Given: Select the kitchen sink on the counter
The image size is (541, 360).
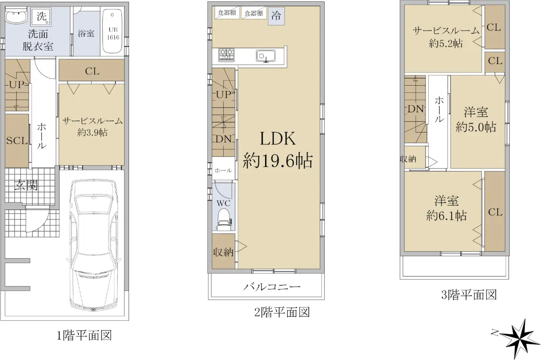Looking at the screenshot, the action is coord(266,56).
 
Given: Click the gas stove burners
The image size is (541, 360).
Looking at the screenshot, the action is coord(226,55).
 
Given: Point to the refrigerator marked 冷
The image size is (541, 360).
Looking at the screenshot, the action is coord(276,16).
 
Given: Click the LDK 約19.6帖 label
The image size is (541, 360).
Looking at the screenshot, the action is coord(278,150).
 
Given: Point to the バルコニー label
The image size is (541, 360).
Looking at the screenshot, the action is coord(272,287).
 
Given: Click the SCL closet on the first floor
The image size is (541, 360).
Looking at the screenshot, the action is coord(17,141).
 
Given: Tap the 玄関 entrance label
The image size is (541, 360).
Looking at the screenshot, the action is coord(26,185).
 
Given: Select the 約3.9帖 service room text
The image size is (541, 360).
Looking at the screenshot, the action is coord(92,132).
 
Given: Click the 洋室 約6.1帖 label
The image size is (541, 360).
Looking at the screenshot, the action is coord(446,208).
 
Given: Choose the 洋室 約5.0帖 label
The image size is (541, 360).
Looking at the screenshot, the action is coord(476,120).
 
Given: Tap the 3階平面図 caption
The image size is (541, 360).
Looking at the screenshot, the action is coord(469,295).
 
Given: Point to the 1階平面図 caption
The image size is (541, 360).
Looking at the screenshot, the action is coord(84,336).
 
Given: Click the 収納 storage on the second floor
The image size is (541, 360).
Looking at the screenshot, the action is coord(224,251).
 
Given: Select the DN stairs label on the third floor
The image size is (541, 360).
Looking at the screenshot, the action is coord(416,109).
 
